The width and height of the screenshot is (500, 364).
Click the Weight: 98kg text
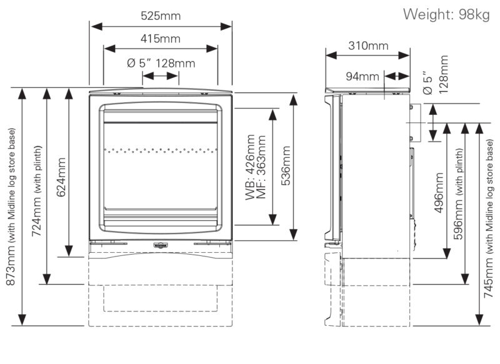(x=446, y=14)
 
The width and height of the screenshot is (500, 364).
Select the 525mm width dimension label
(x=161, y=16)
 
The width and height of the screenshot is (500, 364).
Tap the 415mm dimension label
(x=161, y=39)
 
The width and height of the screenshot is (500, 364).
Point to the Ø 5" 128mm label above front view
(x=161, y=62)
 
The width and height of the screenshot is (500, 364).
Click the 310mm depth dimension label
(x=367, y=46)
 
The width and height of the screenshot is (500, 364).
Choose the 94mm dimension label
(x=363, y=76)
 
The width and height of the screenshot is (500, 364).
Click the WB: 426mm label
(x=250, y=167)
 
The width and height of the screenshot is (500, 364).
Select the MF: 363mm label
(x=261, y=167)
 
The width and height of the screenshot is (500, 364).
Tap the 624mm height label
(x=61, y=177)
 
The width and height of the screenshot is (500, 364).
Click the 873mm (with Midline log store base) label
(x=11, y=207)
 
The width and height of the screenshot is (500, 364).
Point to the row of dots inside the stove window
(x=161, y=150)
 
